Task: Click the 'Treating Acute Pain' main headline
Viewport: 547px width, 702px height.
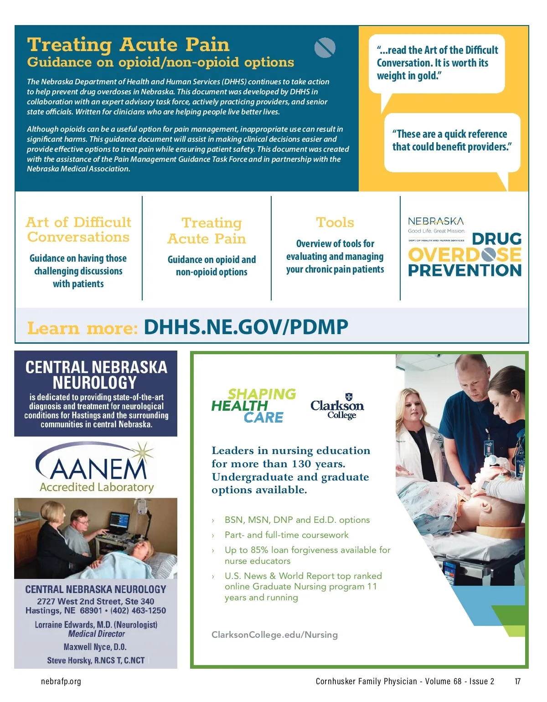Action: coord(128,45)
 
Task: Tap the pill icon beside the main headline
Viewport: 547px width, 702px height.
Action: coord(325,47)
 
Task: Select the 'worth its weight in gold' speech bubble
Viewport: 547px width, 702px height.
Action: coord(437,63)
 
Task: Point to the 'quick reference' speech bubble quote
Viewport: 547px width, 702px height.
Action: coord(451,140)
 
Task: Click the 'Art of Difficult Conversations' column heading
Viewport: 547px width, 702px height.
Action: coord(78,229)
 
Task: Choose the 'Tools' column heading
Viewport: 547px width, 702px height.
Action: coord(335,222)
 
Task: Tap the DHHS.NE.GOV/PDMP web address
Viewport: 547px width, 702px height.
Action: coord(246,327)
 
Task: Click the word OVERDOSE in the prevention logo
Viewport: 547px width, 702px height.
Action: coord(464,255)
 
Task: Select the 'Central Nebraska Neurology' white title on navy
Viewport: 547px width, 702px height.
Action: coord(96,375)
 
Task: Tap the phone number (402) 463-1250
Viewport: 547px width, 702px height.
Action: coord(138,610)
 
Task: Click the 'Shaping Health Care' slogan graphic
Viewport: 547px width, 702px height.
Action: coord(253,405)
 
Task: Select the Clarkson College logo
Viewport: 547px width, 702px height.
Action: coord(337,406)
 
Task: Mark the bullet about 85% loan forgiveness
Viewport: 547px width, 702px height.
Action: coord(307,555)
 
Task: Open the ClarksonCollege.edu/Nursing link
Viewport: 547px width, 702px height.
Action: coord(274,635)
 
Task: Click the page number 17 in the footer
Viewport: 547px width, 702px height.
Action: coord(517,681)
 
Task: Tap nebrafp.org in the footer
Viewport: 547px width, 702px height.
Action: coord(61,681)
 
